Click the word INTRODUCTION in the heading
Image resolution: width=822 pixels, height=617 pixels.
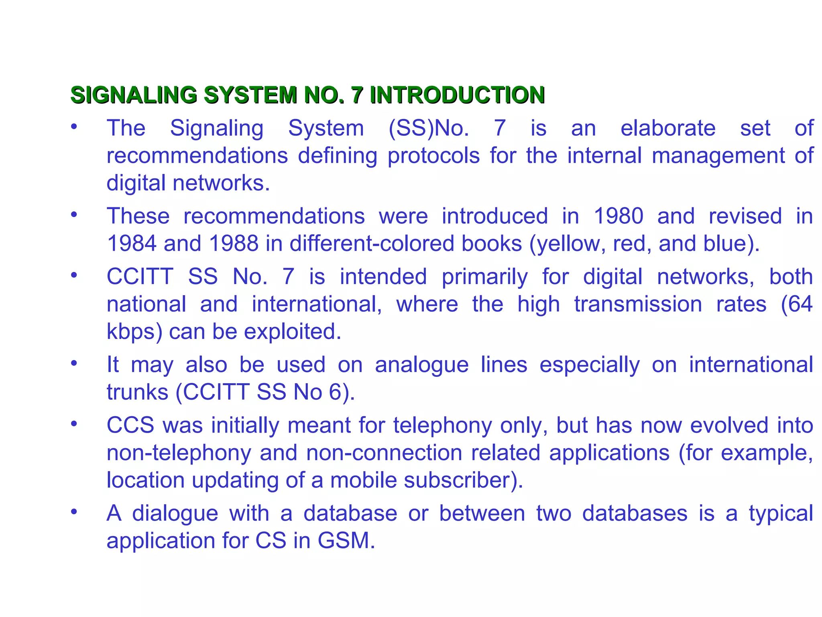[457, 95]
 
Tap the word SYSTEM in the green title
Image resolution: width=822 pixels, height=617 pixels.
[250, 95]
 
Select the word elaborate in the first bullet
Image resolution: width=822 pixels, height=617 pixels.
[668, 129]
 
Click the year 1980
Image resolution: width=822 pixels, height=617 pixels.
[619, 216]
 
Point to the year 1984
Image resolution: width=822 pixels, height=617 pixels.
[132, 244]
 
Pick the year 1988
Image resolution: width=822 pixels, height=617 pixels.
[234, 244]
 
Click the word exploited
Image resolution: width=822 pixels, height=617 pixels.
[293, 332]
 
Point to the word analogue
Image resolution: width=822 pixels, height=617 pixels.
[421, 365]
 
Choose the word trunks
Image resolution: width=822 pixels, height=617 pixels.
[137, 392]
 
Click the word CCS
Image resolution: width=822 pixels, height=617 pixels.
[130, 425]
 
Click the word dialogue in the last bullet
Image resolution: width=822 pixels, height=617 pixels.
[175, 513]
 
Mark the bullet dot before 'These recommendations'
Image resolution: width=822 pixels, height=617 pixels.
[73, 215]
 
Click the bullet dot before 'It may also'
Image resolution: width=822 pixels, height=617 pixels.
[73, 363]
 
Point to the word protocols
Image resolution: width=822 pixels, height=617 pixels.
[433, 156]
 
